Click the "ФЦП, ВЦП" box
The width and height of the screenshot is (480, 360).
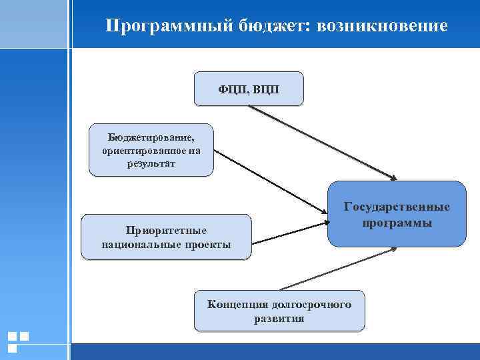coord(249,89)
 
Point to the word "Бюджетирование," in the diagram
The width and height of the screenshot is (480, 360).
coord(151,138)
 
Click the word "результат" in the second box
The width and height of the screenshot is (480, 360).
coord(151,163)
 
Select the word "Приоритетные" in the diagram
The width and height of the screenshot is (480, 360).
coord(166,231)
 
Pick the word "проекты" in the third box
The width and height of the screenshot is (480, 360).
coord(206,245)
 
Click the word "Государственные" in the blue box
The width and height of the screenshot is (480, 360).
coord(397,207)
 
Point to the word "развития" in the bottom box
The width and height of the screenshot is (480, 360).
coord(279,319)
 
